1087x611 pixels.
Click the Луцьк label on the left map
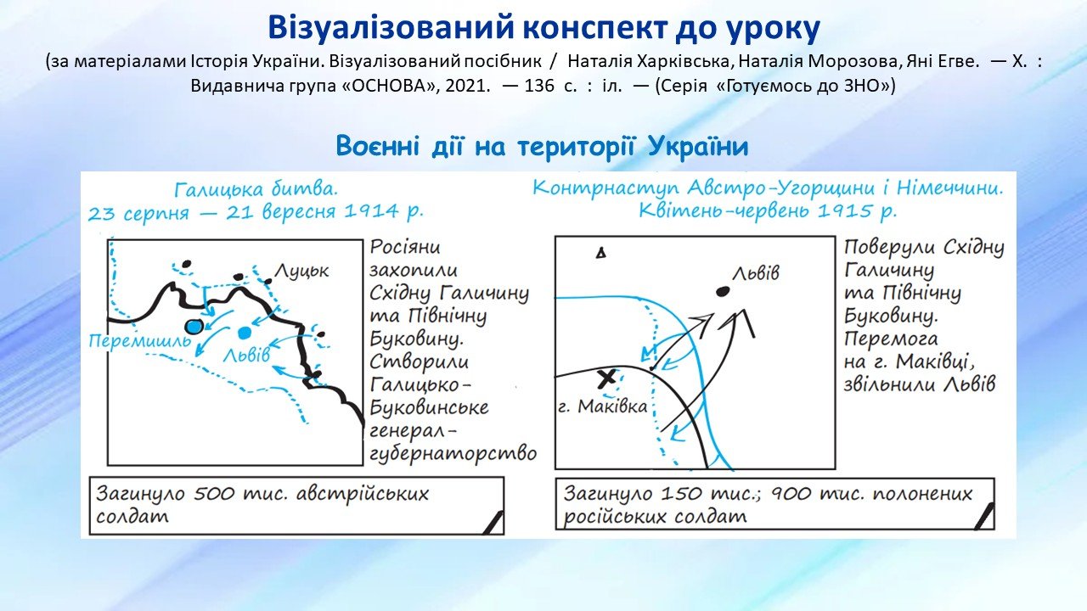[301, 271]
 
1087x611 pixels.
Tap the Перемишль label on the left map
[140, 341]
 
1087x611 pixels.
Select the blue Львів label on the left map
[246, 355]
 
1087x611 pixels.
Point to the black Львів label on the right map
[756, 273]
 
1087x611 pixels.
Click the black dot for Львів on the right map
[723, 291]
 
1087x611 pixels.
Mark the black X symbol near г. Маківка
[606, 378]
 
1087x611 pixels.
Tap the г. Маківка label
[603, 406]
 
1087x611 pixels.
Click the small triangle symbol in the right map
[600, 253]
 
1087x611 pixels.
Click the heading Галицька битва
[256, 189]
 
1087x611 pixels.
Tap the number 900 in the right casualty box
[791, 494]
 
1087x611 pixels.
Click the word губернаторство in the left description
[453, 454]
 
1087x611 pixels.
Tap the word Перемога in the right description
[891, 339]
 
